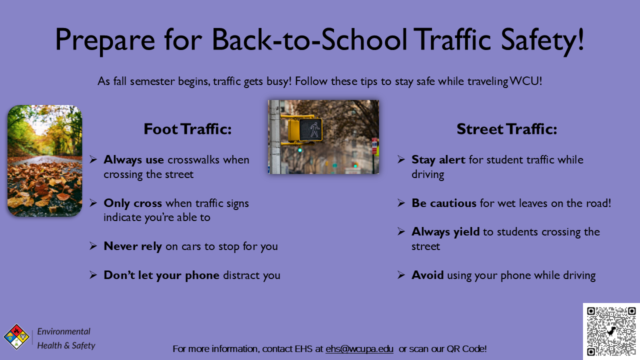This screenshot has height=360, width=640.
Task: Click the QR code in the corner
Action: [x=611, y=331]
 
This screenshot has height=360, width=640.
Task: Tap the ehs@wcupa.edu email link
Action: [x=359, y=349]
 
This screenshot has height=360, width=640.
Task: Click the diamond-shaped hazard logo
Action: [x=16, y=336]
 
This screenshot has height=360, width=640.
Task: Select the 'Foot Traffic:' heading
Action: [x=187, y=129]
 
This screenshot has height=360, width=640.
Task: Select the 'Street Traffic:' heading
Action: [x=506, y=129]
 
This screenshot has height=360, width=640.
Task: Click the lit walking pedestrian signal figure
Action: [x=314, y=129]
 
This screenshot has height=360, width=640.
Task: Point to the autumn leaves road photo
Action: [x=44, y=161]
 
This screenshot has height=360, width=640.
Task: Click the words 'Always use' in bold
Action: [x=133, y=160]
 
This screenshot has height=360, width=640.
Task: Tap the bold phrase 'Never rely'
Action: [x=132, y=246]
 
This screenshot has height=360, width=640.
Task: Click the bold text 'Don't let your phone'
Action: [x=161, y=275]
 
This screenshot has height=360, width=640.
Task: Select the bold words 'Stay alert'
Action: [x=438, y=160]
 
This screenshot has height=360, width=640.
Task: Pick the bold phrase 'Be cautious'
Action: [x=443, y=203]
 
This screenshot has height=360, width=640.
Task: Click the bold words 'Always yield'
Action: [x=445, y=232]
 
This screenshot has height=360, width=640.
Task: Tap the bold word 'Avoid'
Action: [x=427, y=275]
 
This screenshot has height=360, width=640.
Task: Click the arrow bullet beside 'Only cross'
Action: [x=93, y=203]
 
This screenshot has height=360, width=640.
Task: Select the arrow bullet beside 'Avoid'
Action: [x=401, y=275]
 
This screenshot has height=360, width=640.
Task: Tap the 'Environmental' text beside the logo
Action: [x=64, y=331]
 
